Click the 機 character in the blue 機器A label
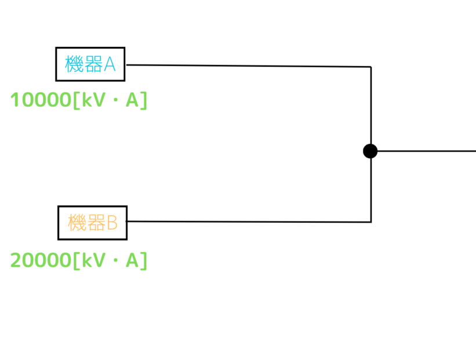[x=74, y=64]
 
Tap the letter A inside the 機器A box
[x=110, y=64]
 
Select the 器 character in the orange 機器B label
[x=96, y=223]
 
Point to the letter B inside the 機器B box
[x=112, y=223]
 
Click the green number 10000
[x=41, y=100]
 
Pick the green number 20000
[x=41, y=260]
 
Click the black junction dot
[x=370, y=151]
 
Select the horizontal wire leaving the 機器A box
[x=249, y=66]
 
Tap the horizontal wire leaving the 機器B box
[x=249, y=221]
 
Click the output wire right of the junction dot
[x=427, y=151]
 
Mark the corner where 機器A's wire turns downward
[x=371, y=67]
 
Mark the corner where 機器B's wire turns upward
[x=371, y=222]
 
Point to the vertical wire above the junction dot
[x=371, y=105]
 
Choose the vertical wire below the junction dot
[x=371, y=190]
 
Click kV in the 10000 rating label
[x=94, y=100]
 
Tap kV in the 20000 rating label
[x=94, y=260]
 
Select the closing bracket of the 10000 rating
[x=144, y=100]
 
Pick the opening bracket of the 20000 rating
[x=77, y=260]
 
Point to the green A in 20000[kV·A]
[x=132, y=260]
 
